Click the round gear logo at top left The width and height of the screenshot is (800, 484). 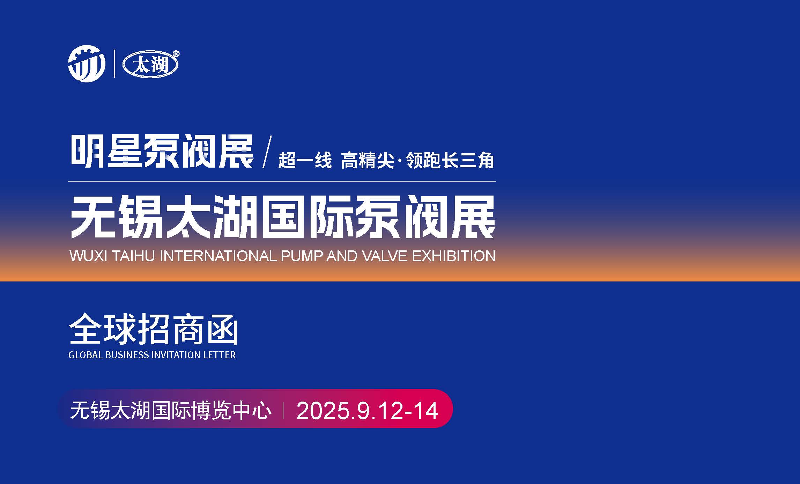87,64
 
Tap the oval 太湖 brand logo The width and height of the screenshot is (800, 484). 150,65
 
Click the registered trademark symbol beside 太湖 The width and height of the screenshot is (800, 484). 176,54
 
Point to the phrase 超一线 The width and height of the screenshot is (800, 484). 305,161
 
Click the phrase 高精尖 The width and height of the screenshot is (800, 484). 368,161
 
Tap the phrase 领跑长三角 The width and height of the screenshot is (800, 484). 450,161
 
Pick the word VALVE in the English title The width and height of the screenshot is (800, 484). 385,256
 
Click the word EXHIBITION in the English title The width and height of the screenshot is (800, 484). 454,256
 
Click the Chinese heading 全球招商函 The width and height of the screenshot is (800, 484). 154,329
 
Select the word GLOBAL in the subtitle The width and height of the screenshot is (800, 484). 86,355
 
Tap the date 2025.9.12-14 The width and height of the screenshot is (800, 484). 367,410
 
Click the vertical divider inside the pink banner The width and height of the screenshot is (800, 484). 283,410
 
